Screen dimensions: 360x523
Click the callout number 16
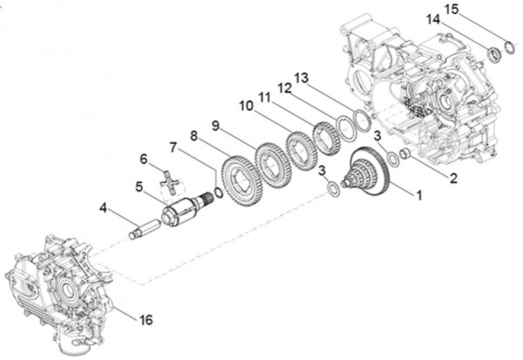(146, 319)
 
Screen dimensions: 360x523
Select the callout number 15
(451, 9)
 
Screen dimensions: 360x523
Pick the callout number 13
(301, 78)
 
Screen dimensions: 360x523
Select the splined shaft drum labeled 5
(184, 210)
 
